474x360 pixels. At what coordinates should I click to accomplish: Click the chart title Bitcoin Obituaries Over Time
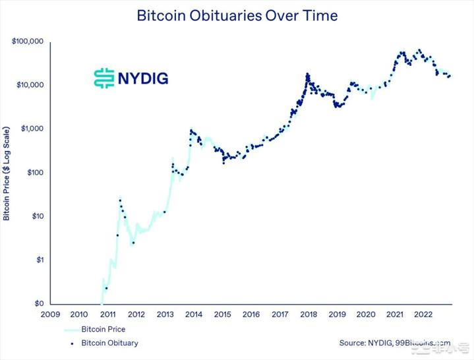(x=236, y=15)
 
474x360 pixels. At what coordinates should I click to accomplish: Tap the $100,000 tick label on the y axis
(x=28, y=42)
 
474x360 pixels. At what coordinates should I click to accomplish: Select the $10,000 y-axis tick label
(x=30, y=85)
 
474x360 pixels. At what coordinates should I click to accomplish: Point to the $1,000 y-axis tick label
(x=32, y=129)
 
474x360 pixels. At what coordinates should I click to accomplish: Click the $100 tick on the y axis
(x=35, y=173)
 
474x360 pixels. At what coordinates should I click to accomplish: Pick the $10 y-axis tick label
(x=37, y=216)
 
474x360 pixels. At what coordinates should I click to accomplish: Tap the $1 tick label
(x=39, y=260)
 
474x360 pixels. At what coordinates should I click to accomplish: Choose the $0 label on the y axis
(x=39, y=304)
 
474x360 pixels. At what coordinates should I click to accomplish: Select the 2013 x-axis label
(x=165, y=315)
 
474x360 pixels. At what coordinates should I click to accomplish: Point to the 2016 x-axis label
(x=251, y=315)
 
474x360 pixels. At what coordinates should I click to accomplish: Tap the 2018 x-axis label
(x=309, y=315)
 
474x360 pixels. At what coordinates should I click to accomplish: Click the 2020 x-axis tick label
(x=366, y=315)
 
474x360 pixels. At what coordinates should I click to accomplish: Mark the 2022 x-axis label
(x=423, y=315)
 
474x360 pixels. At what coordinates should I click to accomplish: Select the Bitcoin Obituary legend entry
(x=109, y=343)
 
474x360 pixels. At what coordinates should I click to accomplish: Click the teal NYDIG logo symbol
(x=104, y=78)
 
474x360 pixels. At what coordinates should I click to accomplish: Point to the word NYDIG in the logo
(x=143, y=78)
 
